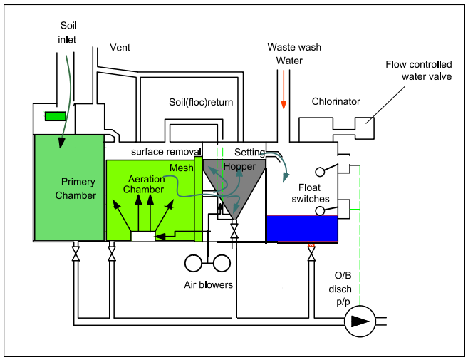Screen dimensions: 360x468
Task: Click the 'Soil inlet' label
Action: pyautogui.click(x=68, y=31)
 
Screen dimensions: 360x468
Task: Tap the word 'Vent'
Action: pyautogui.click(x=120, y=48)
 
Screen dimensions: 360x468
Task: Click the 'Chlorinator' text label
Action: pyautogui.click(x=336, y=101)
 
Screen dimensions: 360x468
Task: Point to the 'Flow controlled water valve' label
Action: pyautogui.click(x=415, y=71)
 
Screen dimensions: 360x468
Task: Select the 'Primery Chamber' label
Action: pyautogui.click(x=78, y=187)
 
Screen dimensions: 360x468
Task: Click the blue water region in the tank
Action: pyautogui.click(x=301, y=229)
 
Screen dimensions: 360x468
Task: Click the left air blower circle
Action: pyautogui.click(x=194, y=263)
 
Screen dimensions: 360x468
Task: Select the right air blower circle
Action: pyautogui.click(x=222, y=263)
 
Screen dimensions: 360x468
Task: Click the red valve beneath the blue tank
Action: pyautogui.click(x=311, y=247)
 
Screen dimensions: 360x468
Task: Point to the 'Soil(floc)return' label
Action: pyautogui.click(x=200, y=102)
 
